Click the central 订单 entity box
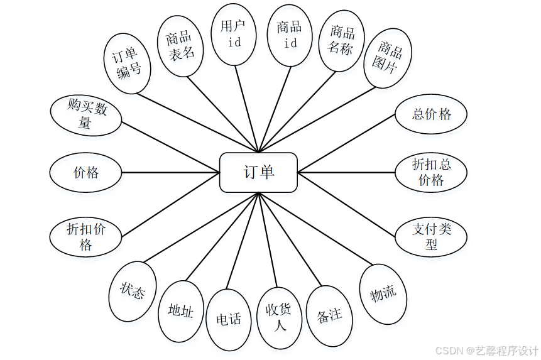click(x=258, y=172)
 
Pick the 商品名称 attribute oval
click(x=342, y=40)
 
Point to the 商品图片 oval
click(x=391, y=57)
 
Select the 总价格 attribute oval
click(x=432, y=114)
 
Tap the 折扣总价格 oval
click(x=431, y=172)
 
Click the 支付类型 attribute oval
click(x=432, y=236)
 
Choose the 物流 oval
click(x=383, y=293)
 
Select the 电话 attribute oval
click(x=229, y=319)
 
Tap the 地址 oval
click(x=181, y=311)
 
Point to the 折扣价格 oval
click(x=86, y=236)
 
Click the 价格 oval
click(x=86, y=172)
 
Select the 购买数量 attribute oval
click(x=86, y=116)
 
